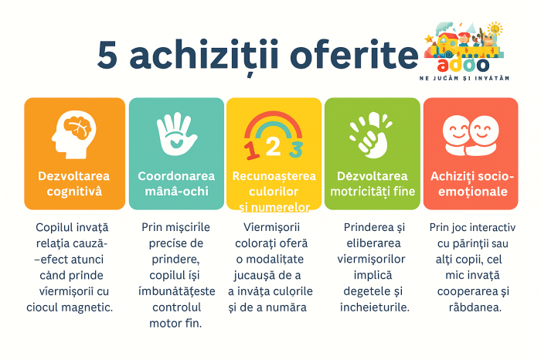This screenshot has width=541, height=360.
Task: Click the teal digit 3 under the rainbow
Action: pyautogui.click(x=296, y=146)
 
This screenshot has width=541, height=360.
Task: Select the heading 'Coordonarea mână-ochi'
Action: pyautogui.click(x=175, y=183)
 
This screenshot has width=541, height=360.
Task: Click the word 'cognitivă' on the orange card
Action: pyautogui.click(x=74, y=191)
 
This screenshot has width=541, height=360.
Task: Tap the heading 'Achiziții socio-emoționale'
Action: pyautogui.click(x=469, y=183)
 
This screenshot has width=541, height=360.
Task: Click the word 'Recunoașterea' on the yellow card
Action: pyautogui.click(x=274, y=176)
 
